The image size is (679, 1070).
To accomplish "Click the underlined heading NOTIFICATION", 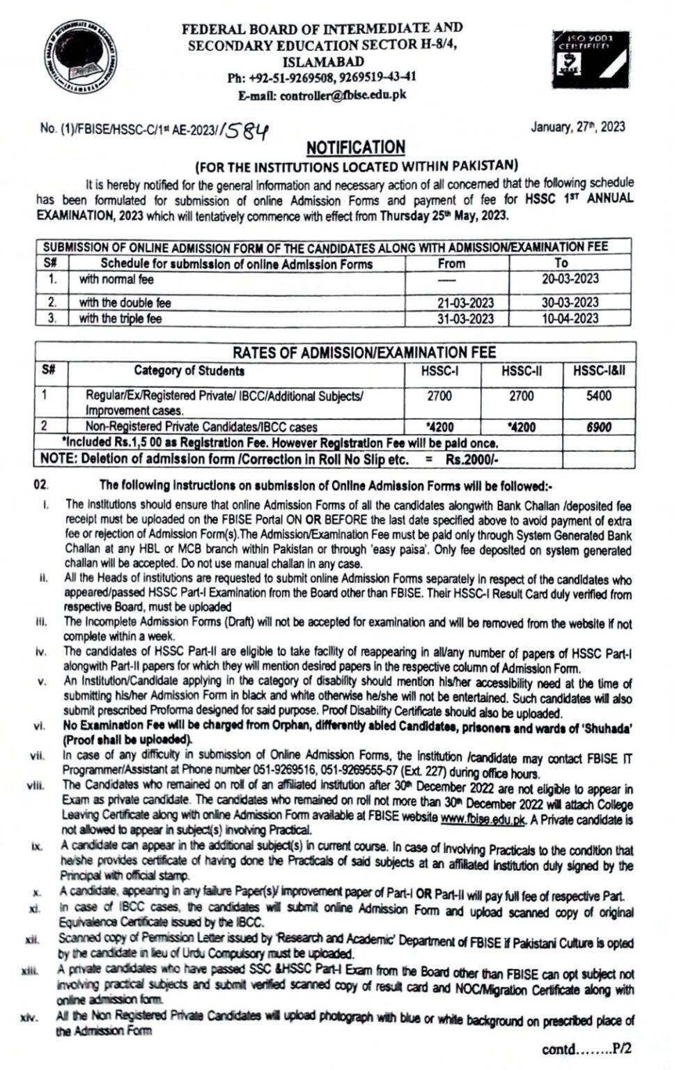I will click(356, 147).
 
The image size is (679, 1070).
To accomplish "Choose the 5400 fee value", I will click(599, 396).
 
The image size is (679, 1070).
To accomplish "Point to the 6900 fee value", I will click(599, 427).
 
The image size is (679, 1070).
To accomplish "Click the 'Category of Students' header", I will click(189, 371).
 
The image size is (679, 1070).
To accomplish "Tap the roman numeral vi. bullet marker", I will click(39, 727).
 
